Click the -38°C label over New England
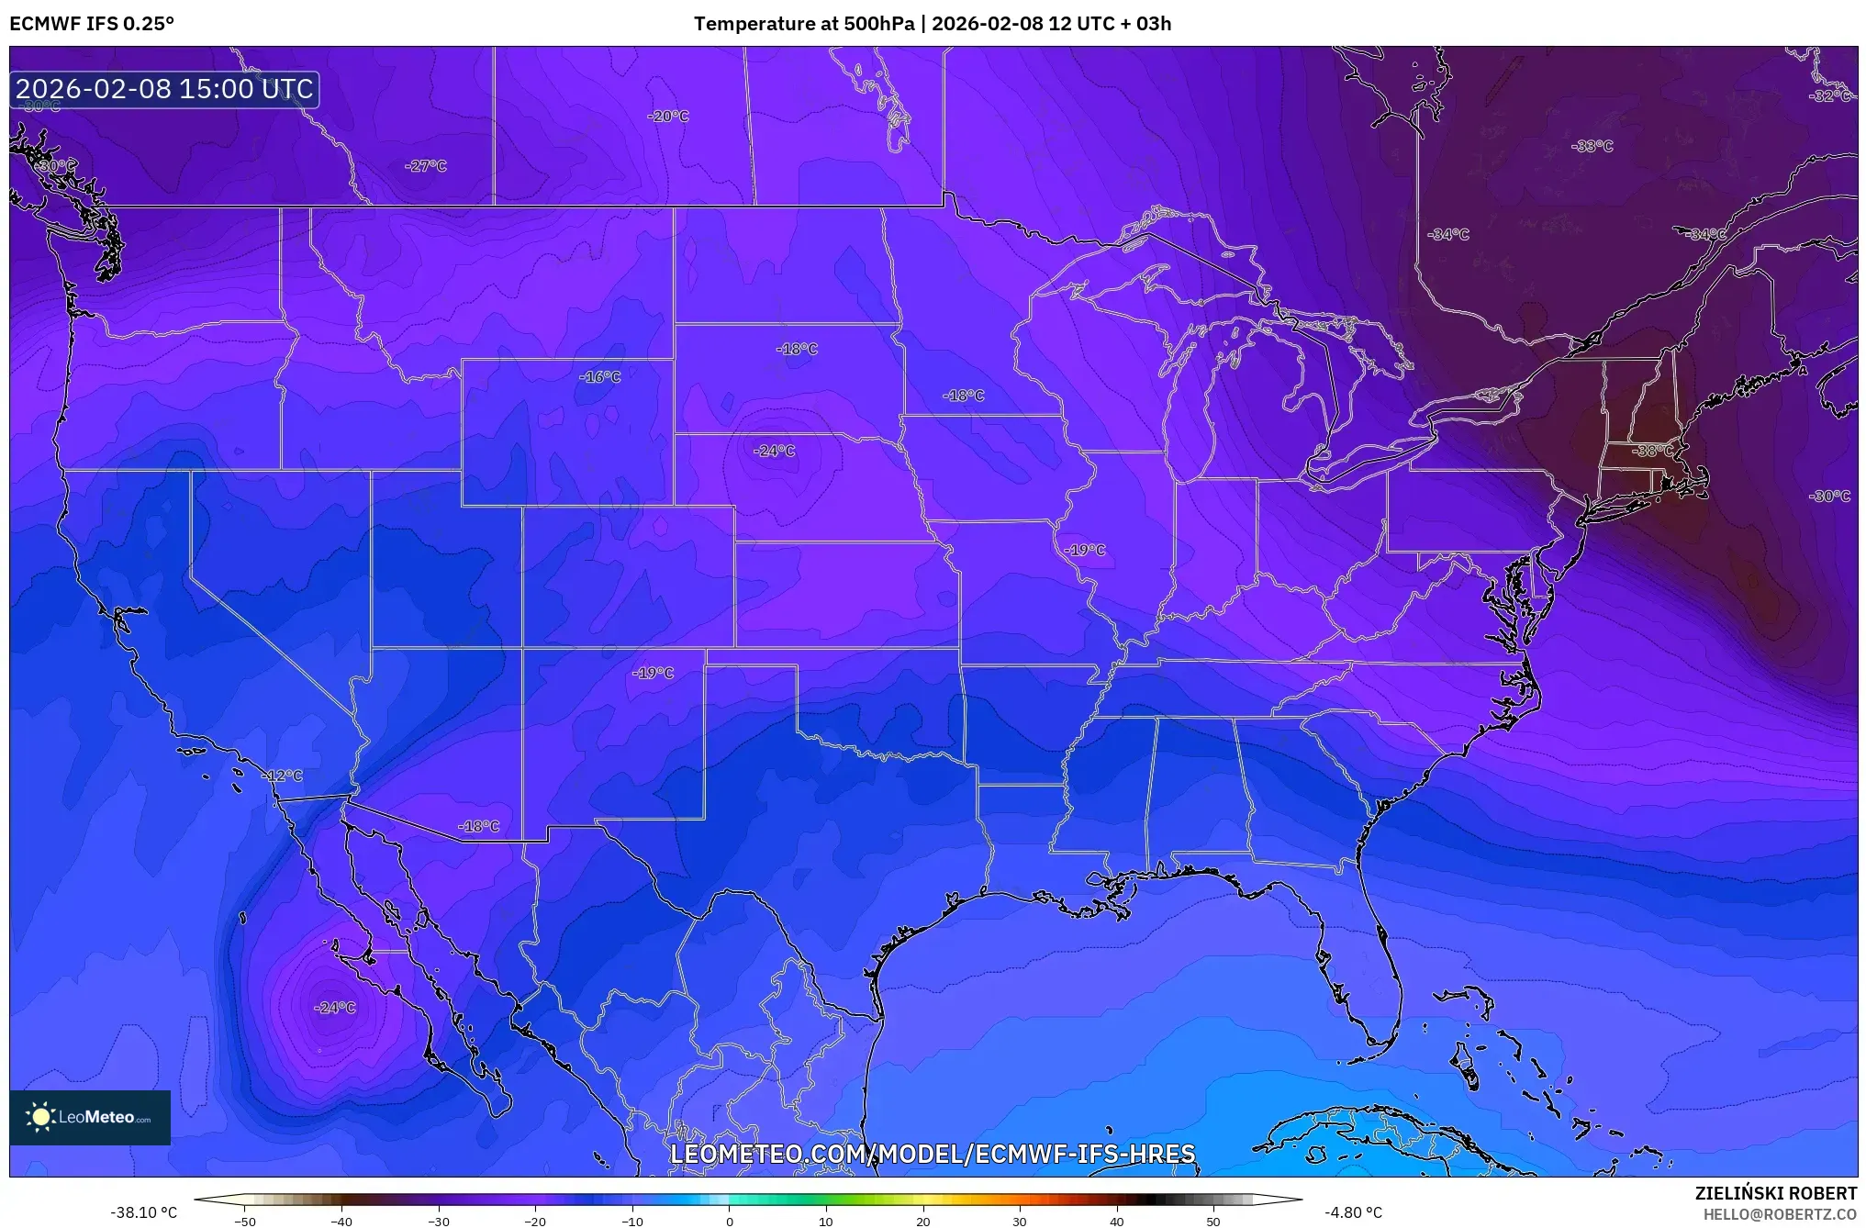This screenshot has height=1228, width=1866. click(1653, 451)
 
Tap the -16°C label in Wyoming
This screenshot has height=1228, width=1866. click(599, 376)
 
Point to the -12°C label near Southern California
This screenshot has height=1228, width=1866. click(282, 776)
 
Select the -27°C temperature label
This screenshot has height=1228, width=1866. click(425, 166)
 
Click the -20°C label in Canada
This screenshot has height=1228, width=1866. click(667, 117)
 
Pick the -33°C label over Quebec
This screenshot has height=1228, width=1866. click(1592, 146)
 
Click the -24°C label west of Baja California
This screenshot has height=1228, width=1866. click(334, 1008)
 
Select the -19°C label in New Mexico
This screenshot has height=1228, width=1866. click(653, 673)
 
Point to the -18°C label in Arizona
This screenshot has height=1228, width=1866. click(478, 826)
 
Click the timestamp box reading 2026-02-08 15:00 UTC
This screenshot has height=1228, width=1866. click(164, 89)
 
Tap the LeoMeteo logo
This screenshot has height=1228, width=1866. click(90, 1117)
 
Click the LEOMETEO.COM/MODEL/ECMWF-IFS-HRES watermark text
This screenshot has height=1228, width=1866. click(933, 1154)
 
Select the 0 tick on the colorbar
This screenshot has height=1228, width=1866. click(730, 1221)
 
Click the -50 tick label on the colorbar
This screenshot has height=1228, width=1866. click(245, 1221)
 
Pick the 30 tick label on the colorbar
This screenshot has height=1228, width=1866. click(1020, 1221)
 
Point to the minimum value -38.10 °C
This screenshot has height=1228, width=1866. click(144, 1212)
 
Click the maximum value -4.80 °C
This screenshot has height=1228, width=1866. click(1353, 1212)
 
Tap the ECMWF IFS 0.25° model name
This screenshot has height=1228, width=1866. click(92, 24)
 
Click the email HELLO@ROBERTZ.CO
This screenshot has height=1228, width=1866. click(1780, 1214)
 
